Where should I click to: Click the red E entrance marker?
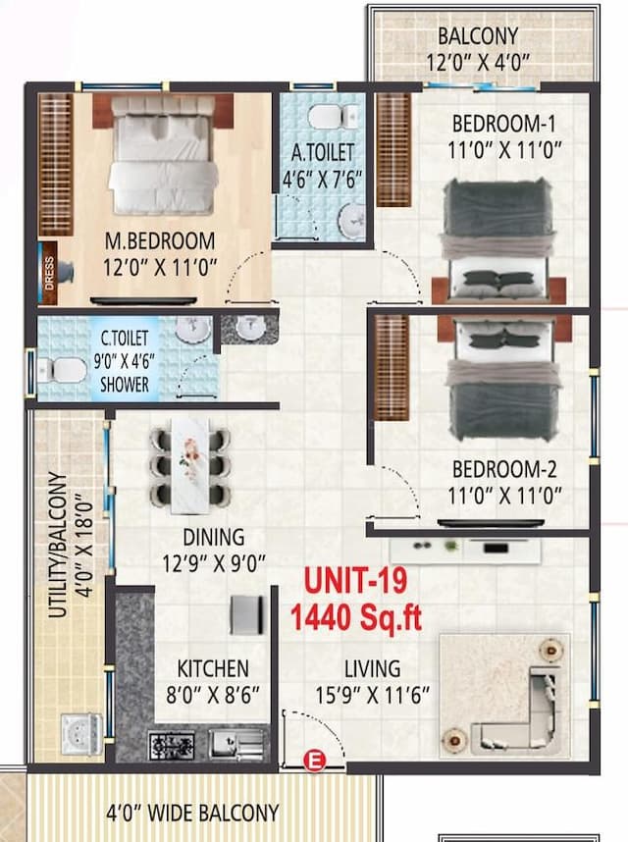(x=314, y=760)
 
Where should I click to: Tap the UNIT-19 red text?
(x=355, y=581)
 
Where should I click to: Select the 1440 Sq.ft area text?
(x=355, y=618)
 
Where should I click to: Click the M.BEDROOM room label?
(x=159, y=240)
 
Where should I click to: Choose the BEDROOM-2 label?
(x=504, y=469)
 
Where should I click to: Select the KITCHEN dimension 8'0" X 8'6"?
(x=212, y=694)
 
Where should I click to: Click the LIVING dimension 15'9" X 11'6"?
(x=372, y=694)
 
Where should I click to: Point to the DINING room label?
(x=213, y=537)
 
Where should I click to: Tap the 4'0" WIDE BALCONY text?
(x=192, y=813)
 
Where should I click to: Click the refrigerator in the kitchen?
(x=245, y=615)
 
